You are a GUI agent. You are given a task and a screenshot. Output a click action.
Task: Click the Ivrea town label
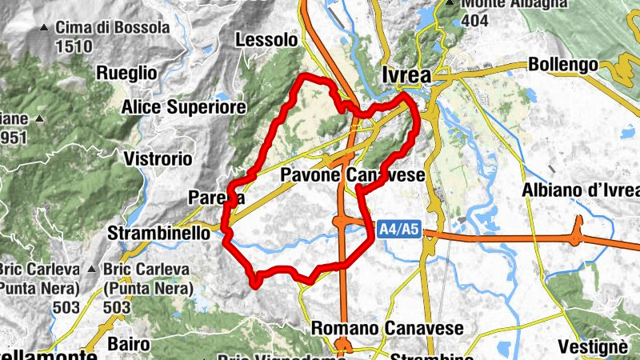[407, 75]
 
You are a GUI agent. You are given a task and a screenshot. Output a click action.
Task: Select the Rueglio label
[126, 73]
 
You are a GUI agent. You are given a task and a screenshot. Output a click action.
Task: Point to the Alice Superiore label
[183, 106]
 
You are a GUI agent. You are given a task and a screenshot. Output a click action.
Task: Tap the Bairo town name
[126, 344]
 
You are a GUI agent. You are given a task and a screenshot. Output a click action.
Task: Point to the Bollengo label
[562, 64]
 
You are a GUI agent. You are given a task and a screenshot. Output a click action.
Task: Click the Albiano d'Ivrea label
[581, 190]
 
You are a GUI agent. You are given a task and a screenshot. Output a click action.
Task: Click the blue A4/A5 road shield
[398, 230]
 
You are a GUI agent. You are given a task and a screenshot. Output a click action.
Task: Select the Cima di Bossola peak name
[113, 28]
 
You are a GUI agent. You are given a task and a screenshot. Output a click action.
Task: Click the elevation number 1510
[74, 46]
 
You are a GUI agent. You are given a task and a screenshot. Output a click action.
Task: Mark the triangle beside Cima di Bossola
[44, 28]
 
